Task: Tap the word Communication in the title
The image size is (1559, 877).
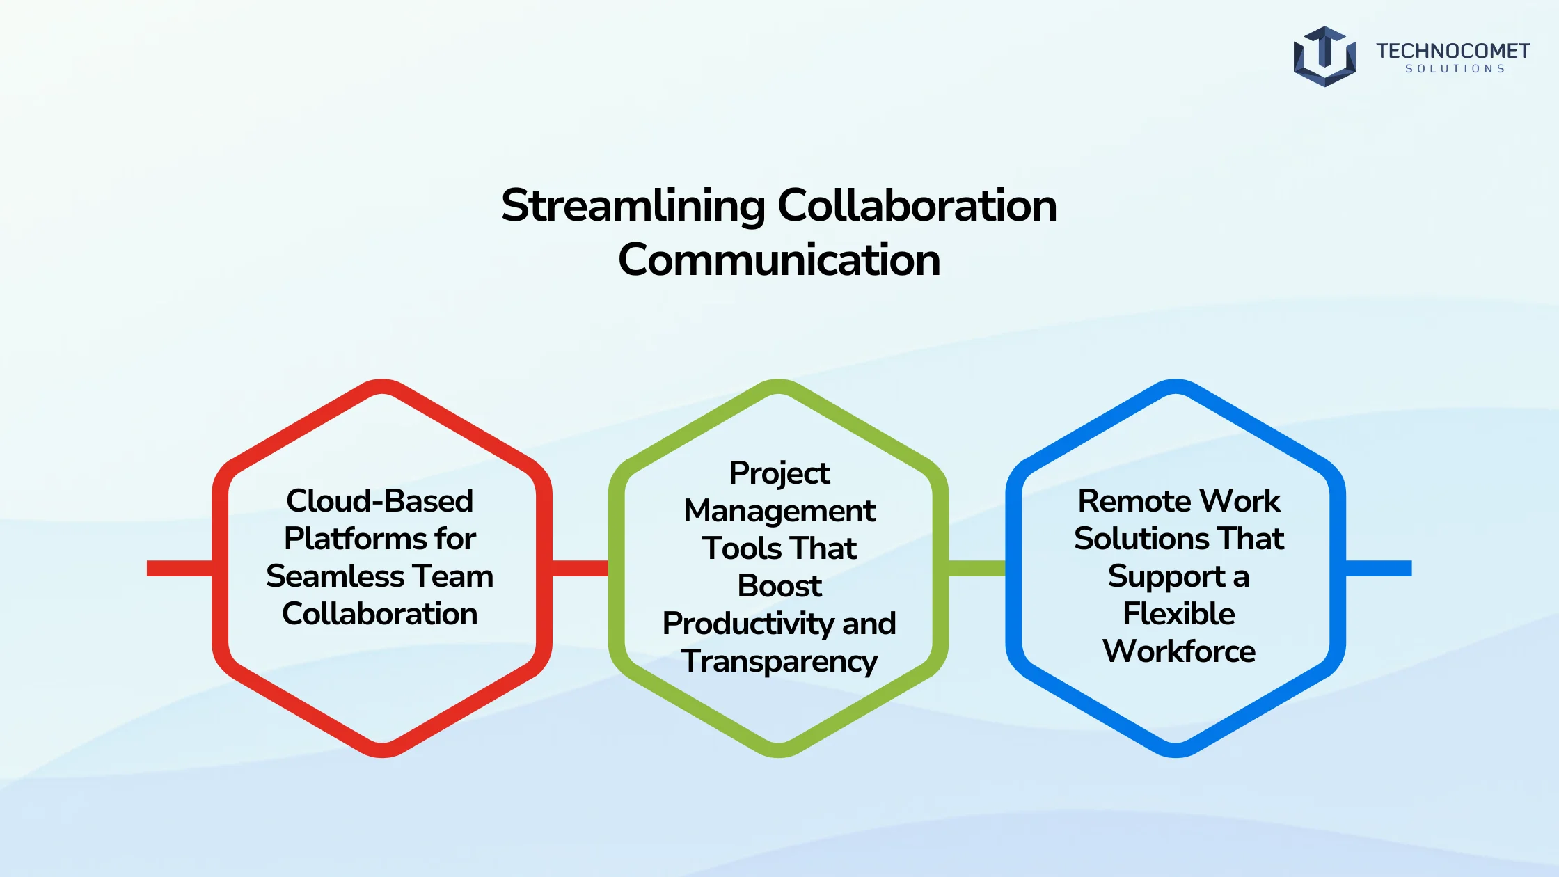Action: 779,260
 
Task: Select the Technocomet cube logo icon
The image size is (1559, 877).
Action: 1324,56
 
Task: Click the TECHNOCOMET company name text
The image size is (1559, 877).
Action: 1453,51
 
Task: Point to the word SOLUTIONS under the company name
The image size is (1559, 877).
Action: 1455,69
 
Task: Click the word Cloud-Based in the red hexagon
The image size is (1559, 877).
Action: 380,500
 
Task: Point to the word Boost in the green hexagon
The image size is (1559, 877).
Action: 779,586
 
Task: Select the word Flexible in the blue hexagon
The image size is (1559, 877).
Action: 1179,613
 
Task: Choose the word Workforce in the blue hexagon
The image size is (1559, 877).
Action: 1179,651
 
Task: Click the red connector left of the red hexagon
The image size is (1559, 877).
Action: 180,569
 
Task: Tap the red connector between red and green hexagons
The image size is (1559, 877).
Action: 580,569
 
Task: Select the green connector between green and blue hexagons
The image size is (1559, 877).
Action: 977,569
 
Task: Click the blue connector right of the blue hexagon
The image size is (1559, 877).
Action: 1379,569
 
